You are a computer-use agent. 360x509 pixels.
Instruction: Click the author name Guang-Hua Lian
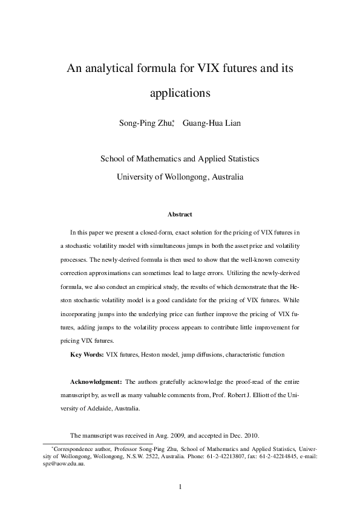pos(208,125)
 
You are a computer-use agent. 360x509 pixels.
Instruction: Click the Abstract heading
pos(180,215)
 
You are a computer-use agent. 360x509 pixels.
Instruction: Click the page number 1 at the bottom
pos(180,486)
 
